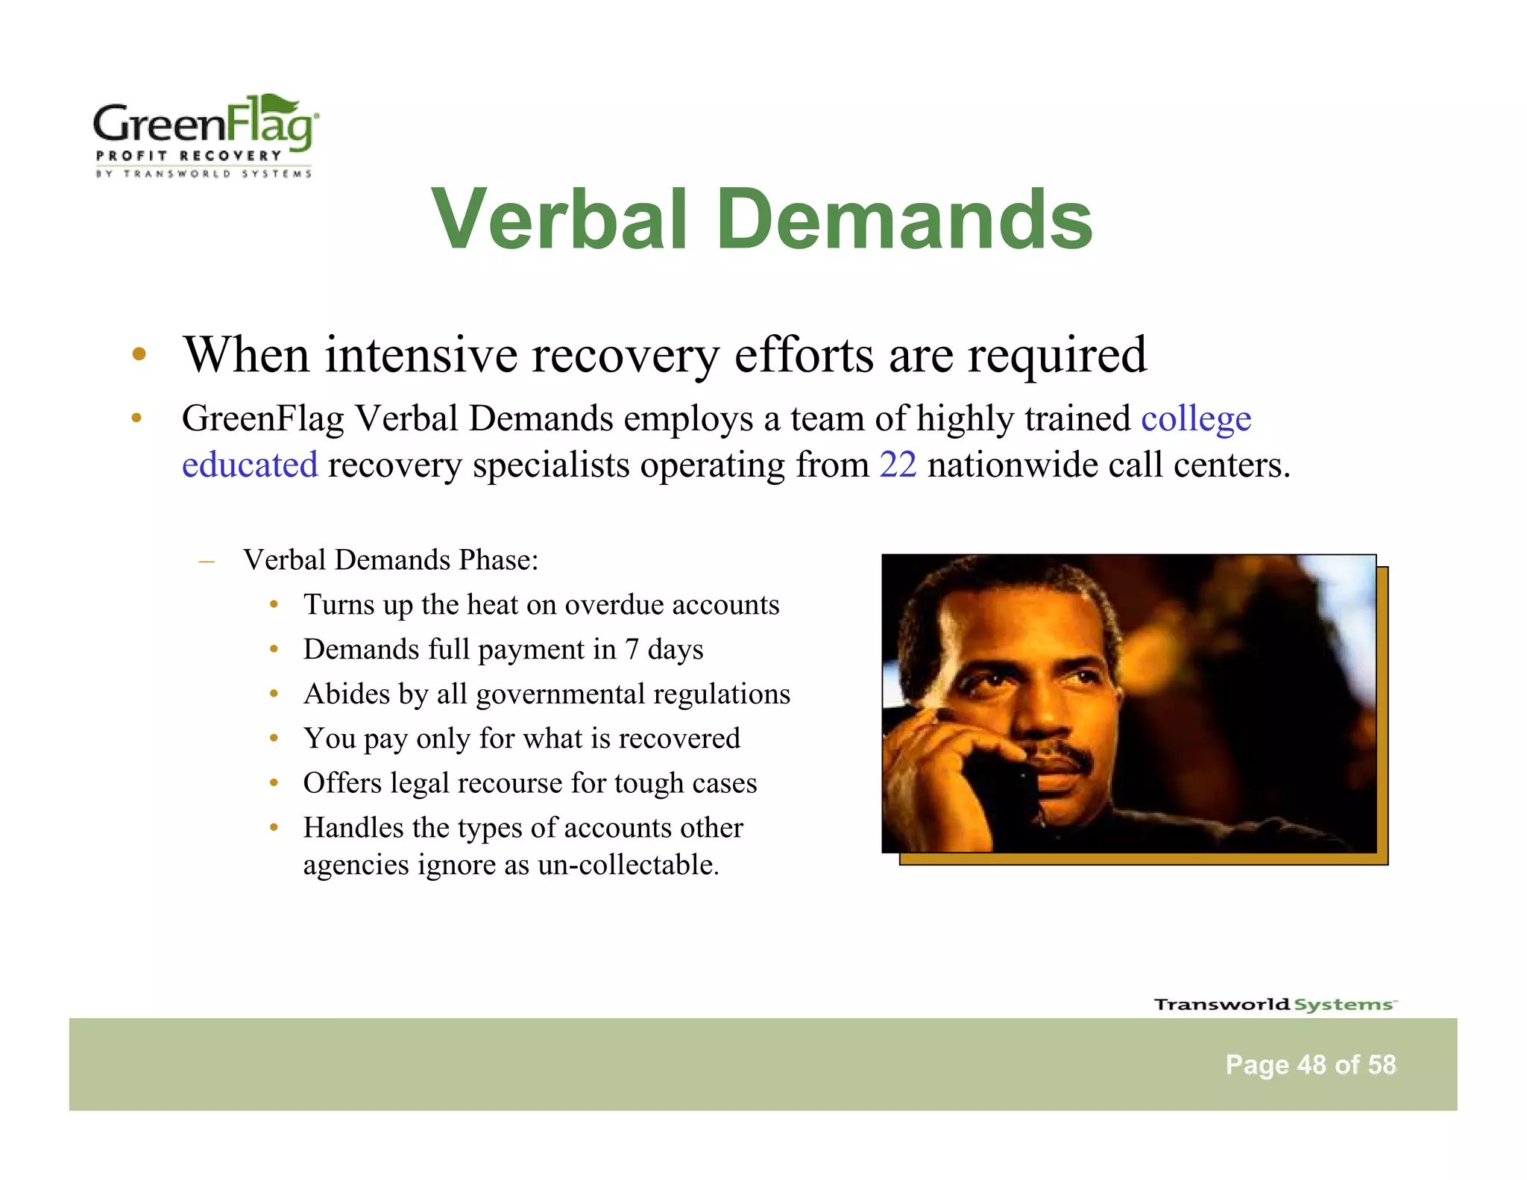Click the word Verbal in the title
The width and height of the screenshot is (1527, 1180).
click(559, 219)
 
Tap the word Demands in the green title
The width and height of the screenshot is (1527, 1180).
click(904, 219)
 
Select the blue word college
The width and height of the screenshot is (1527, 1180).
click(1196, 418)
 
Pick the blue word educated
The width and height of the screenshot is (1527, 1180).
click(250, 465)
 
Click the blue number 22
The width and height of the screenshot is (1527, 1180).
click(898, 465)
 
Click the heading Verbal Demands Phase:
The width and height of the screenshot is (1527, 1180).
click(390, 559)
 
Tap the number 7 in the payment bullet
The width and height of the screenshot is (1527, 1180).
click(632, 649)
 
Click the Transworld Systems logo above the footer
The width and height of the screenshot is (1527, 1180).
click(1274, 1004)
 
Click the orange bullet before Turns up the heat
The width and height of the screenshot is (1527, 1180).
click(274, 604)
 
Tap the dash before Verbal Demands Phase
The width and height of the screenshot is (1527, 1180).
click(207, 560)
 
